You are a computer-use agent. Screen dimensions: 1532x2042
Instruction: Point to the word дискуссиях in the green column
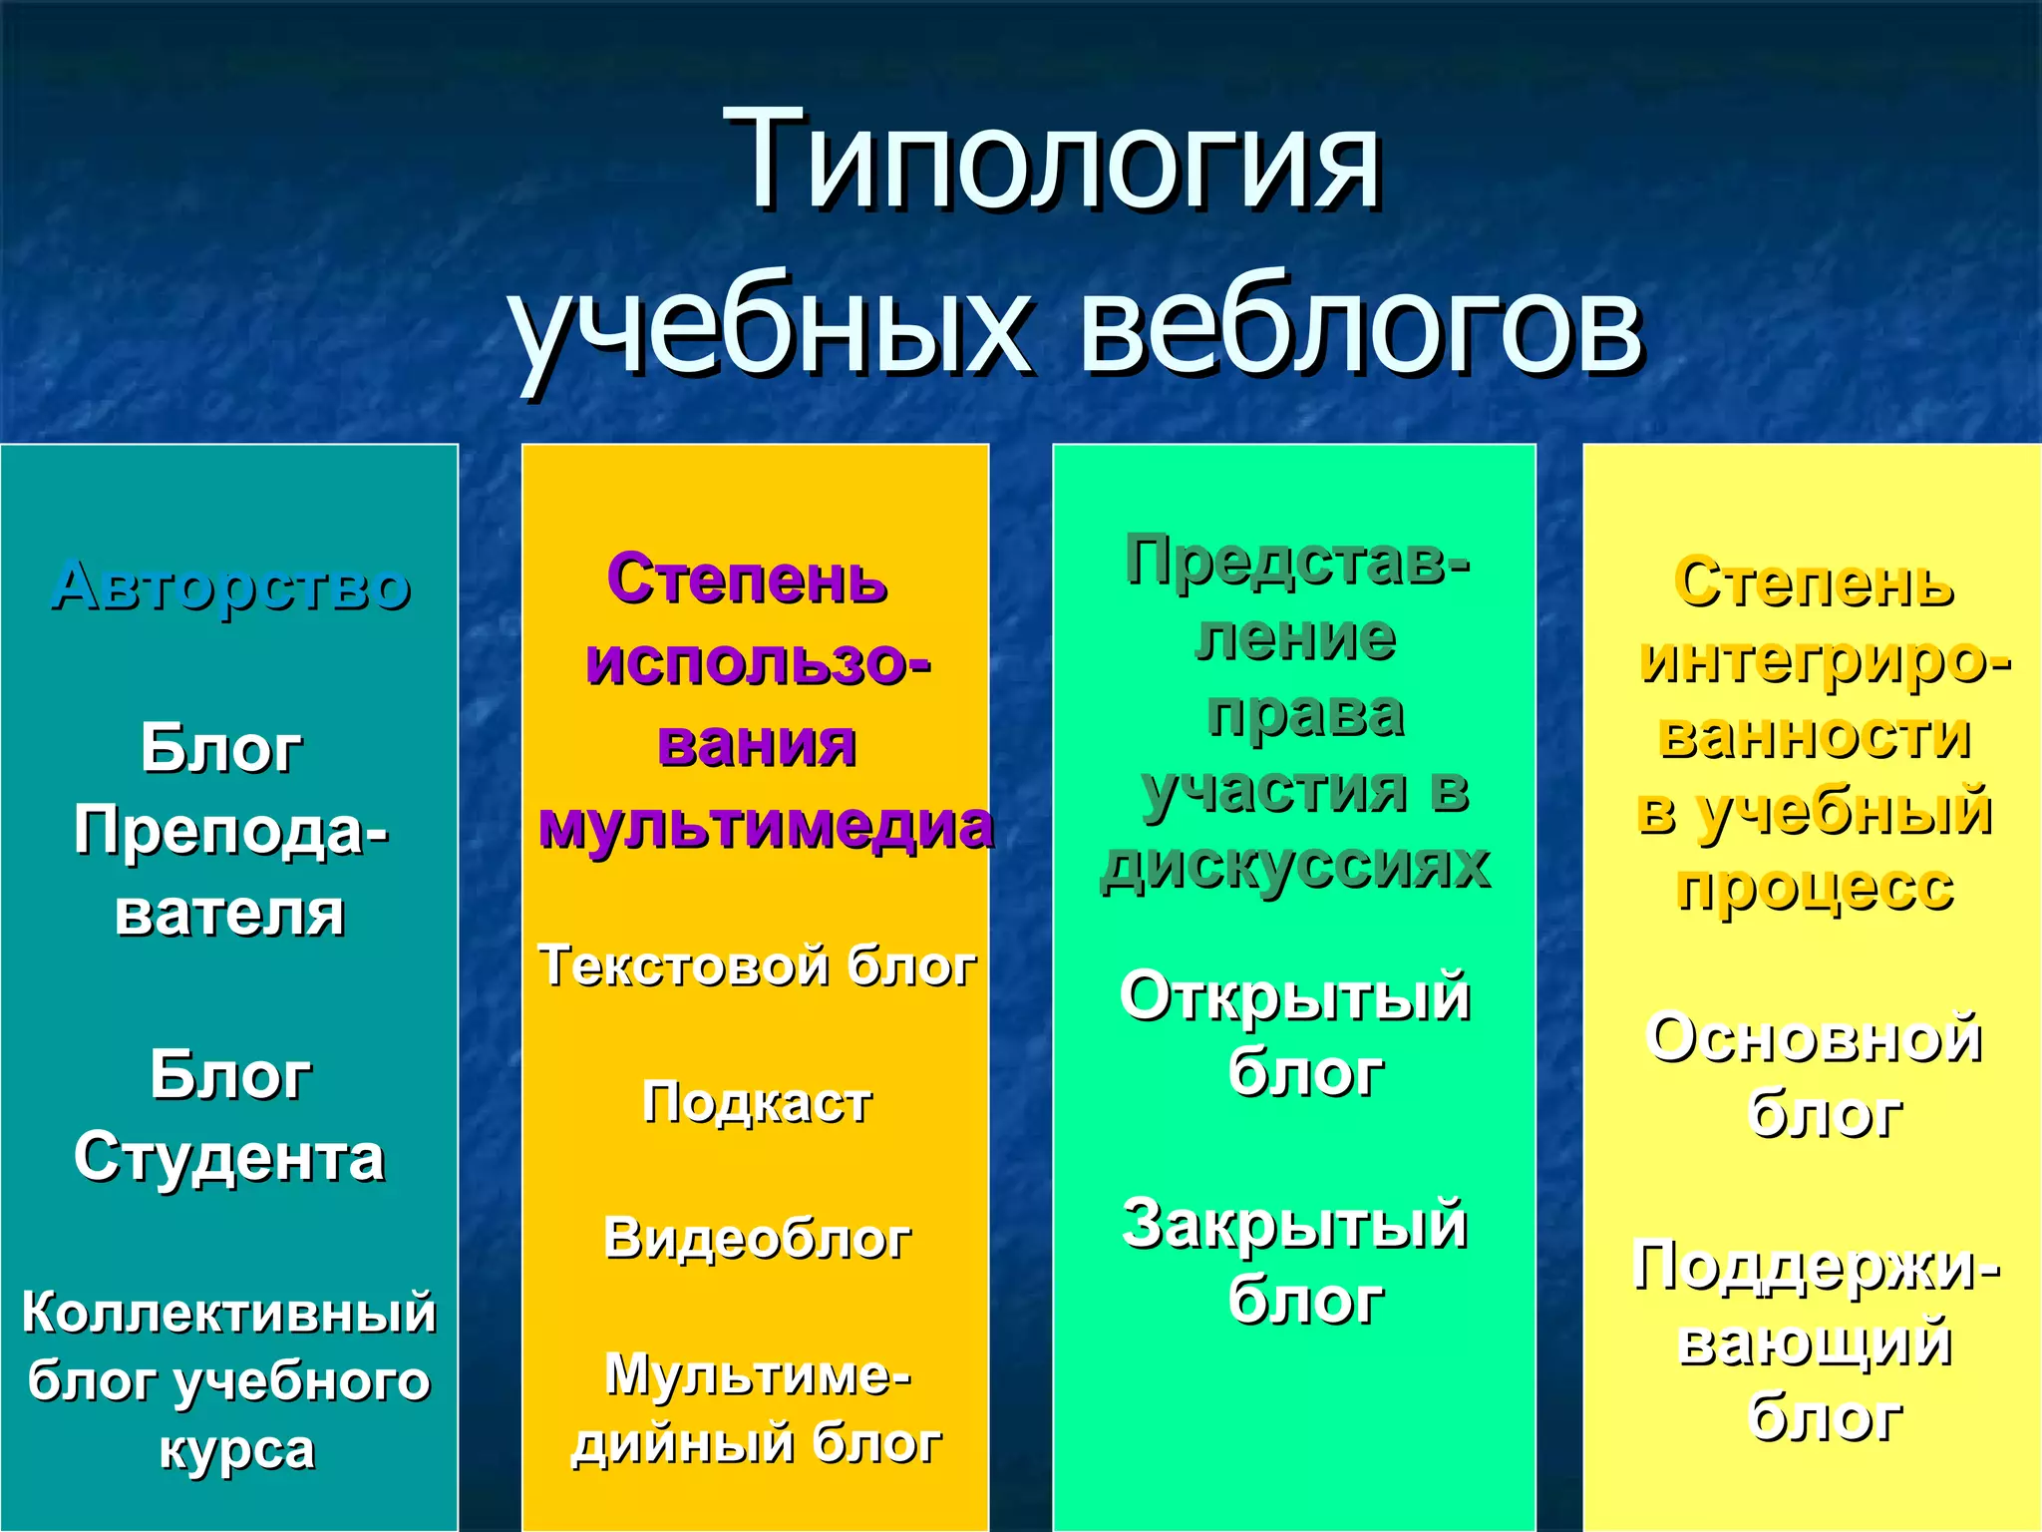(x=1294, y=866)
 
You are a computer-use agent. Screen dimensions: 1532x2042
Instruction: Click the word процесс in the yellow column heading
(x=1815, y=888)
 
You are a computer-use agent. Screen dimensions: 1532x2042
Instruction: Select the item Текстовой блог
(x=757, y=965)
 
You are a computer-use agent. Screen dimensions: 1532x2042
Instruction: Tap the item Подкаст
(x=757, y=1102)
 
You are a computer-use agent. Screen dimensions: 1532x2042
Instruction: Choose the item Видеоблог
(x=757, y=1239)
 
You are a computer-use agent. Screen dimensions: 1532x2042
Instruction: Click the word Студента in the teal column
(x=229, y=1159)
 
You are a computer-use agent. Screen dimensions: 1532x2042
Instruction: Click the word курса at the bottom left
(x=237, y=1450)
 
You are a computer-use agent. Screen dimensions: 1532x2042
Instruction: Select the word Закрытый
(x=1294, y=1224)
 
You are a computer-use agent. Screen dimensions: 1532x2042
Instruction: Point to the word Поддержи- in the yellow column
(x=1815, y=1267)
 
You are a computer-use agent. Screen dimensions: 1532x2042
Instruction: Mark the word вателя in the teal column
(x=229, y=914)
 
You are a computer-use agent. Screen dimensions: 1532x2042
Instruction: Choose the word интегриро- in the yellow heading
(x=1825, y=660)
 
